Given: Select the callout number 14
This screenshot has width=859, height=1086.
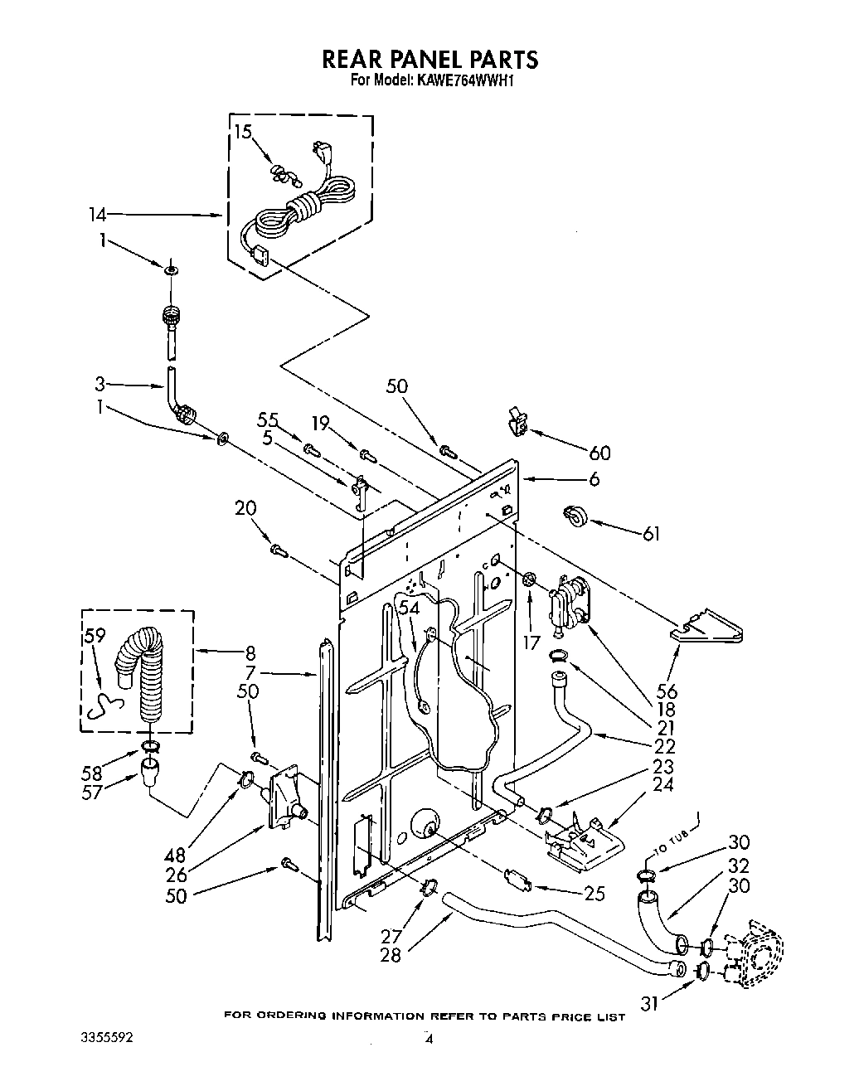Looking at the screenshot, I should click(98, 215).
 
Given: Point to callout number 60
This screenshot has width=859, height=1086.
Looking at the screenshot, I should click(599, 453).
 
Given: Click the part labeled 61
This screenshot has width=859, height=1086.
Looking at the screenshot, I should click(573, 516).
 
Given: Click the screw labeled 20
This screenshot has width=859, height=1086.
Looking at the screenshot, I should click(278, 548).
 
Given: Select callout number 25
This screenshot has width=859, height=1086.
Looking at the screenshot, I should click(594, 894).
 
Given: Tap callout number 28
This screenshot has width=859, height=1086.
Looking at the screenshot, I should click(390, 955).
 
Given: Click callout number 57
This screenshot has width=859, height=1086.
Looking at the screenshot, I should click(91, 792).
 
